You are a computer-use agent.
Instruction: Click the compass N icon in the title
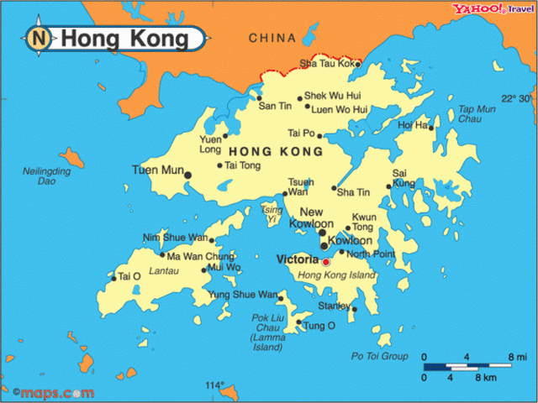pyautogui.click(x=40, y=38)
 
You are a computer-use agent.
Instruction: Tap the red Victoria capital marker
pyautogui.click(x=326, y=262)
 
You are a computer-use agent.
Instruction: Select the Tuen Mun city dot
pyautogui.click(x=188, y=175)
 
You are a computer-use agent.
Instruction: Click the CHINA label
pyautogui.click(x=272, y=38)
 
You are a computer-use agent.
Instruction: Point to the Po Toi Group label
pyautogui.click(x=379, y=356)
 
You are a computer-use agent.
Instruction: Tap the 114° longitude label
pyautogui.click(x=215, y=385)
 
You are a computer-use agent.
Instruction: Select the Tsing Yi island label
pyautogui.click(x=272, y=213)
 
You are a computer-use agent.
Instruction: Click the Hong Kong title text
pyautogui.click(x=124, y=39)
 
